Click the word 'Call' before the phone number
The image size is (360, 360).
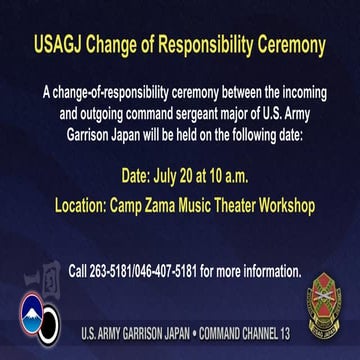(x=81, y=270)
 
